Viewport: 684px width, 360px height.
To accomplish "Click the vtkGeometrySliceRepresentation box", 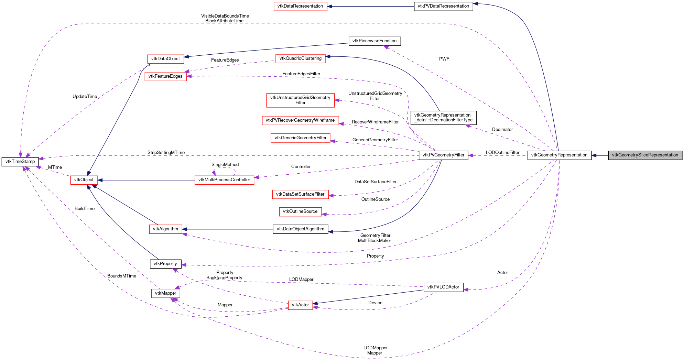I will [x=645, y=155].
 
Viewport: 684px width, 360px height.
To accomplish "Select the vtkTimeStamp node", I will [x=20, y=162].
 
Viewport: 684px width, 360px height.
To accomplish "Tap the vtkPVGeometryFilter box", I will [x=443, y=155].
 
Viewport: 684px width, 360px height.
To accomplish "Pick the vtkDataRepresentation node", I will [x=300, y=6].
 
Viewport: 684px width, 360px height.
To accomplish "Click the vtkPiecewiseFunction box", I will [x=374, y=41].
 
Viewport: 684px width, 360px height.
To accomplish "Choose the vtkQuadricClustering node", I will [x=300, y=58].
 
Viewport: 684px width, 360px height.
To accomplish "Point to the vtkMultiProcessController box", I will [x=224, y=180].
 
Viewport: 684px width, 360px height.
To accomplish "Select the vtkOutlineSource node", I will [x=300, y=211].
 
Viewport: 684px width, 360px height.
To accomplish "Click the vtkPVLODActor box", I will [x=443, y=287].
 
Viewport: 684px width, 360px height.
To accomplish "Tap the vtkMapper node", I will [x=165, y=293].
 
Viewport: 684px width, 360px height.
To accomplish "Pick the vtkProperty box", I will [x=165, y=264].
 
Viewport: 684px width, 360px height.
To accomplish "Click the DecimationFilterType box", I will [x=443, y=118].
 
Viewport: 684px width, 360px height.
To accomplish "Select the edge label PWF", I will [x=444, y=59].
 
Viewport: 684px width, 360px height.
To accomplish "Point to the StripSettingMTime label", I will [x=166, y=153].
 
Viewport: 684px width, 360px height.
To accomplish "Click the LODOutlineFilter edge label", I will [x=502, y=153].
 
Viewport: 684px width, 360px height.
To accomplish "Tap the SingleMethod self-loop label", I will [x=225, y=165].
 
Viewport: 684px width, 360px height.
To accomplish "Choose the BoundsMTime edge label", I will [x=122, y=276].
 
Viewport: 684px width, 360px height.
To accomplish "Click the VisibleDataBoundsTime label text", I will [x=225, y=16].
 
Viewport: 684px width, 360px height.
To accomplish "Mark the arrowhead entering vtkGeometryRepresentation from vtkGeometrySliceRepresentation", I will [x=594, y=155].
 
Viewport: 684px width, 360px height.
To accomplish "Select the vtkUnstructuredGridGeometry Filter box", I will [x=300, y=100].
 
